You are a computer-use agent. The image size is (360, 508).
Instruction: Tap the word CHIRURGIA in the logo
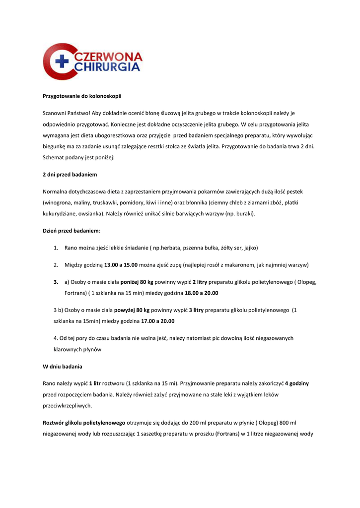tap(107, 68)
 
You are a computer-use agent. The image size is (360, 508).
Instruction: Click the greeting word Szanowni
tap(56, 113)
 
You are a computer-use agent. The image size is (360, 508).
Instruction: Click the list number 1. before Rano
tap(56, 247)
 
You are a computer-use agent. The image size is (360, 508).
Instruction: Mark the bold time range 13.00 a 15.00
tap(121, 265)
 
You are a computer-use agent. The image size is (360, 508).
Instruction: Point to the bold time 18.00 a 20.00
tap(201, 293)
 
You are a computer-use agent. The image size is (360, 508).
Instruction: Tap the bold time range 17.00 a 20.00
tap(157, 321)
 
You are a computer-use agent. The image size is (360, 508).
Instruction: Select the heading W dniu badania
tap(62, 366)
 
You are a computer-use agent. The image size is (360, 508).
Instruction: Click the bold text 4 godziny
tap(297, 383)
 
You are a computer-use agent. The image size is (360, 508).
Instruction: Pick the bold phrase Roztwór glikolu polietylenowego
tap(84, 423)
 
